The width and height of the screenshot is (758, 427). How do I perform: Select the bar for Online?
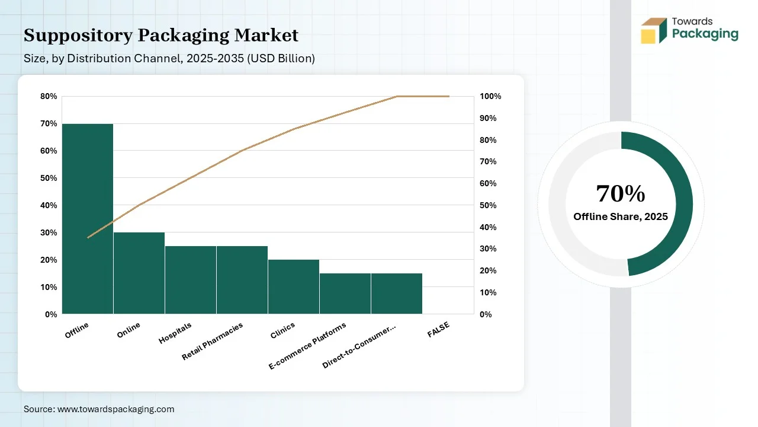tap(139, 273)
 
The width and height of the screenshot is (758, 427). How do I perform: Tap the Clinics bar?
tap(294, 286)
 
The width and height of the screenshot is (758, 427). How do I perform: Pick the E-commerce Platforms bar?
tap(345, 293)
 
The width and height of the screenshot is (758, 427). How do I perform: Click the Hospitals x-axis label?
tap(176, 333)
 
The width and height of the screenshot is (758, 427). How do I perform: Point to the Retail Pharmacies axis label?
tap(213, 342)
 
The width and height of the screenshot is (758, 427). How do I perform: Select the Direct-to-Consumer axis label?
tap(359, 346)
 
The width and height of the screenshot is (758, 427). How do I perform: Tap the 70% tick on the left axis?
tap(49, 124)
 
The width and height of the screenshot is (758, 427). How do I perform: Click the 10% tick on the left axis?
tap(49, 287)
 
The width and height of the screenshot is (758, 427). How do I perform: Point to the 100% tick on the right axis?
tap(490, 97)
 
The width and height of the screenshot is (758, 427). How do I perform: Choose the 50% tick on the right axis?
tap(488, 205)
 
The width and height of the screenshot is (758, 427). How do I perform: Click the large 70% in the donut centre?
tap(620, 194)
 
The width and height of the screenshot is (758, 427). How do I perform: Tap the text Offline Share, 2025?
tap(621, 217)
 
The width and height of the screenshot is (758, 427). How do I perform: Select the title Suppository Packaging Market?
tap(161, 36)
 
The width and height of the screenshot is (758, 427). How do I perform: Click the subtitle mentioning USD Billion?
tap(169, 59)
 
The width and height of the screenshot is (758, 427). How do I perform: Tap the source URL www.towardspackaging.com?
tap(115, 409)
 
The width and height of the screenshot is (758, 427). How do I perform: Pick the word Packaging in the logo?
tap(705, 34)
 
